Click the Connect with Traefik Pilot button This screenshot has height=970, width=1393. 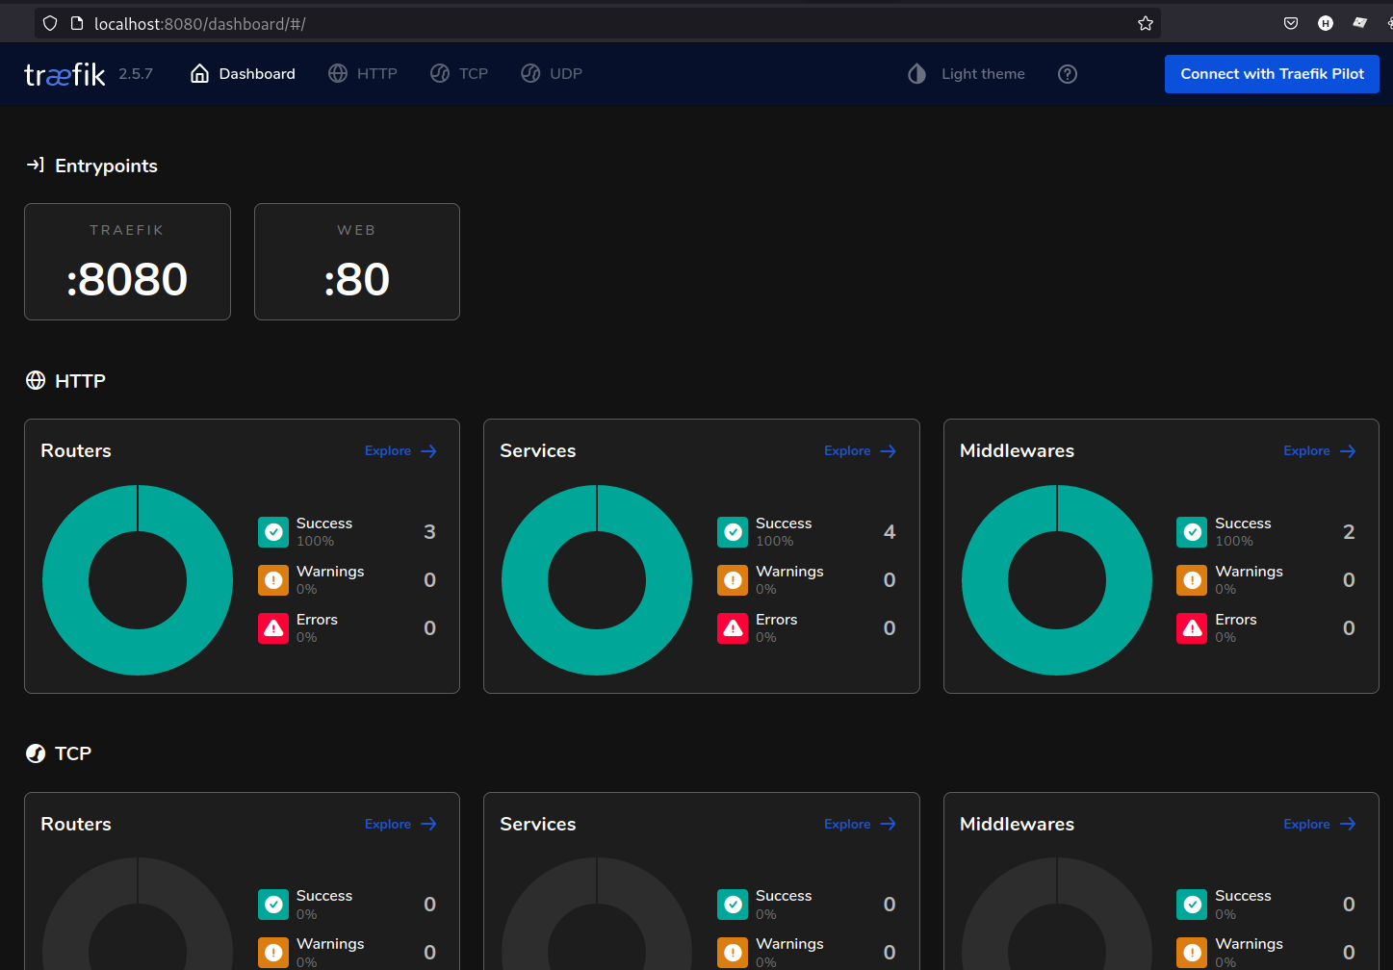1272,74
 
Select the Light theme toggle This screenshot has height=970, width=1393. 967,74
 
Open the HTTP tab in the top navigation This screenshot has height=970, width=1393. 363,74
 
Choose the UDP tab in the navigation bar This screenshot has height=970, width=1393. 552,74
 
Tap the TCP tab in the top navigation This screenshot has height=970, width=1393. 459,74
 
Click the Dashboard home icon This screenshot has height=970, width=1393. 199,74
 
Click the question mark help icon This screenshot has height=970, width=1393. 1068,74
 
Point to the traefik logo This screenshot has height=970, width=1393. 64,74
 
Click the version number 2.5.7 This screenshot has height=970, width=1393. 136,74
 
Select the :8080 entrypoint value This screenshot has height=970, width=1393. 127,280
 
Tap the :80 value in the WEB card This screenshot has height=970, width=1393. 357,280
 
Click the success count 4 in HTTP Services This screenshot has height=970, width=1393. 890,532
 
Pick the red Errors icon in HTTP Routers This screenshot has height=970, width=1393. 273,628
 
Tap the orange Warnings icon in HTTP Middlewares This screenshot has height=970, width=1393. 1192,580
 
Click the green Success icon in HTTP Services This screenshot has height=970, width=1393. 733,532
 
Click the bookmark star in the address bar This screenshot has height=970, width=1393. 1146,23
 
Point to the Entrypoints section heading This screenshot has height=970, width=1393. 106,166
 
